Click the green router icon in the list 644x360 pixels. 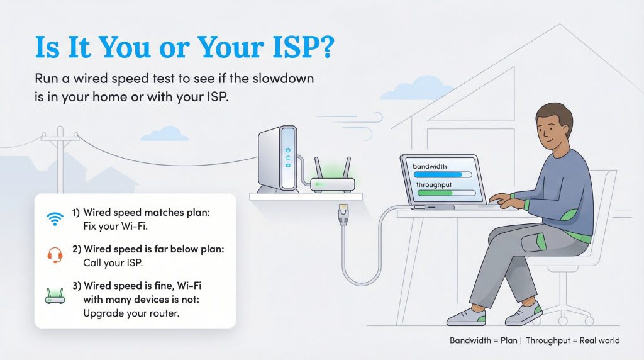coord(55,295)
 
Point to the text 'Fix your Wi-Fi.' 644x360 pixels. coord(111,225)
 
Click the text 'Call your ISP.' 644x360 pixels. coord(109,261)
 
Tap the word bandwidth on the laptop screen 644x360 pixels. coord(430,166)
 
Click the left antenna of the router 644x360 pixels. coord(317,168)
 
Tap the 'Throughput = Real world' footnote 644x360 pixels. coord(572,340)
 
